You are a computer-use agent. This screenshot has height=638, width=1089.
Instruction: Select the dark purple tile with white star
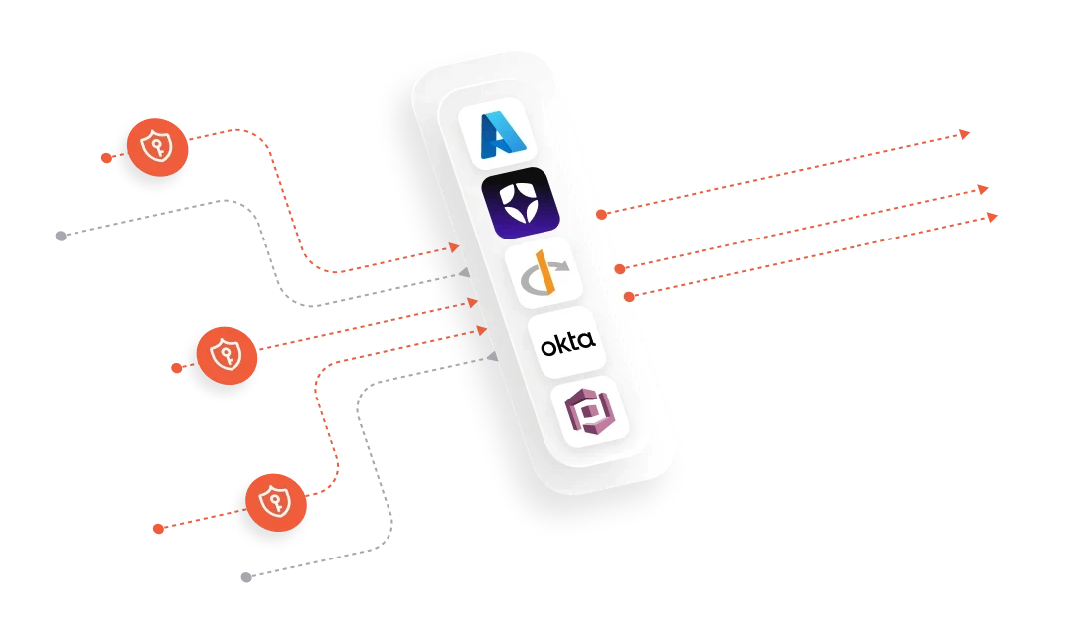click(x=521, y=202)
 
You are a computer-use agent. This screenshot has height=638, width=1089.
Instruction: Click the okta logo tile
click(x=567, y=344)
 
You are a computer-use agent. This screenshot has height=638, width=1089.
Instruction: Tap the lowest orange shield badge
click(x=270, y=500)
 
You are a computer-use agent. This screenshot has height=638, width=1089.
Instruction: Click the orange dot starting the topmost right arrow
click(x=601, y=213)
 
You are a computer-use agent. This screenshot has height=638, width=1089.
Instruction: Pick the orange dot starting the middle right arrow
click(x=620, y=268)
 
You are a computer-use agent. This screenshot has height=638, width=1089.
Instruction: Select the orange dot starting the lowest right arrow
click(x=628, y=296)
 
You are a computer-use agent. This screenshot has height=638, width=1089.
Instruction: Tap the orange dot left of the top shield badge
click(x=103, y=158)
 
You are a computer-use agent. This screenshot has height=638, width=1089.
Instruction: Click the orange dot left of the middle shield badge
click(x=176, y=367)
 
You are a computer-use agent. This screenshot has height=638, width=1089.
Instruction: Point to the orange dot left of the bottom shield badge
click(x=158, y=528)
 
